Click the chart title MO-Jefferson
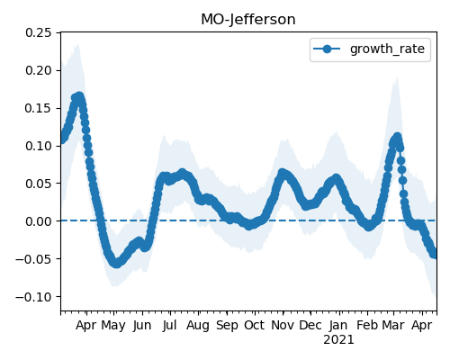pyautogui.click(x=248, y=20)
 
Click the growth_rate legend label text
pyautogui.click(x=387, y=49)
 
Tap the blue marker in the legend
pyautogui.click(x=327, y=49)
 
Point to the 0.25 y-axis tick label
pyautogui.click(x=39, y=32)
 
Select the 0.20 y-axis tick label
pyautogui.click(x=39, y=70)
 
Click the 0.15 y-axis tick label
pyautogui.click(x=39, y=108)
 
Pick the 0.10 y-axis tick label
pyautogui.click(x=39, y=146)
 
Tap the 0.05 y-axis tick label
pyautogui.click(x=39, y=184)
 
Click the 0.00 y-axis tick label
pyautogui.click(x=39, y=221)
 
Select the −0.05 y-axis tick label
pyautogui.click(x=33, y=259)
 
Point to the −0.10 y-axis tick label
pyautogui.click(x=33, y=297)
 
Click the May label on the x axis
pyautogui.click(x=113, y=326)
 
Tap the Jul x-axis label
pyautogui.click(x=169, y=325)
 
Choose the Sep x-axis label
pyautogui.click(x=227, y=326)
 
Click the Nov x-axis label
pyautogui.click(x=283, y=325)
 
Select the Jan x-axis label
pyautogui.click(x=338, y=325)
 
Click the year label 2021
pyautogui.click(x=338, y=340)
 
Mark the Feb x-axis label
pyautogui.click(x=366, y=325)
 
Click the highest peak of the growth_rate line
pyautogui.click(x=79, y=96)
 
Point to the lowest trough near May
pyautogui.click(x=116, y=264)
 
